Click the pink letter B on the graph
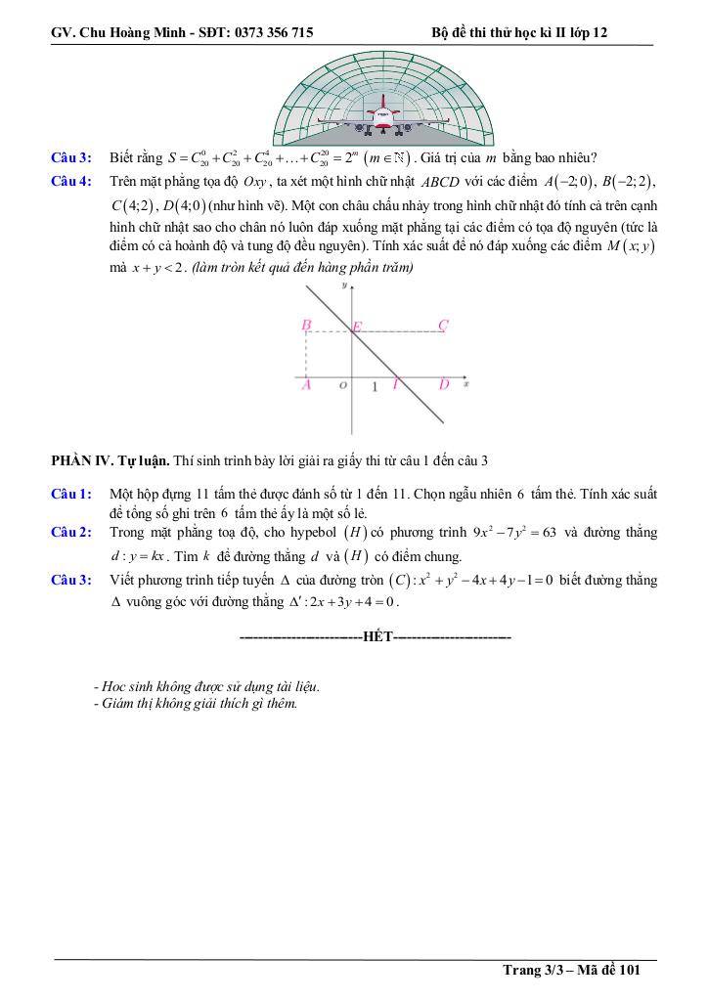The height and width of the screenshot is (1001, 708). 306,325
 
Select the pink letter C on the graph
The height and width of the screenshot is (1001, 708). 443,325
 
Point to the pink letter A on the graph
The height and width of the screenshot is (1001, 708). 306,385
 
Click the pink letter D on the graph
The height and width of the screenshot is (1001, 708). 443,385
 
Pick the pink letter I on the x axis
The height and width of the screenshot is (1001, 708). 394,385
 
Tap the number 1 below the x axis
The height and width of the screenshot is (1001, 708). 375,388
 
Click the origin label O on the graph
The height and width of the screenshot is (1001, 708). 341,386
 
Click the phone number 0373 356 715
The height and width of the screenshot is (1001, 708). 271,32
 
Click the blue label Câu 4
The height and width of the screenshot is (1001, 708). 71,182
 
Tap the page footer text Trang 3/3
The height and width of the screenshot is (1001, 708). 535,970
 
